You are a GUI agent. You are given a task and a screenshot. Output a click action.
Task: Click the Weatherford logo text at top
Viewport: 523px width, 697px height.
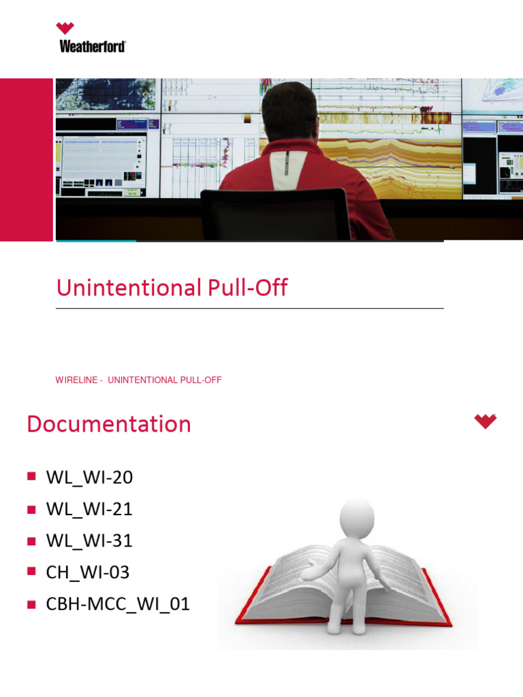[93, 46]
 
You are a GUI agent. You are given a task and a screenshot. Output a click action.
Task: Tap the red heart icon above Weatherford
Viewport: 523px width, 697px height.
[65, 29]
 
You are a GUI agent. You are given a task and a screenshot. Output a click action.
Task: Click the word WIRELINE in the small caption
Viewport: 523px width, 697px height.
[76, 380]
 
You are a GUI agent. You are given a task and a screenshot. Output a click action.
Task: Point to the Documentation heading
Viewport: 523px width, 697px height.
[109, 424]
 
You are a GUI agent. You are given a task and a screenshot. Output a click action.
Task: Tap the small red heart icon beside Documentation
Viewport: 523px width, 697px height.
[486, 421]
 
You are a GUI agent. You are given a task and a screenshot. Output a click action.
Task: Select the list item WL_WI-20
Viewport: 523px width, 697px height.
[89, 477]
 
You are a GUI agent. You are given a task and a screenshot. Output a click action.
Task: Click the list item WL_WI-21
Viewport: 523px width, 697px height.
[89, 509]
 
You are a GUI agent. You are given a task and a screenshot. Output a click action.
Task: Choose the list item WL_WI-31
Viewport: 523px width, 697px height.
[89, 540]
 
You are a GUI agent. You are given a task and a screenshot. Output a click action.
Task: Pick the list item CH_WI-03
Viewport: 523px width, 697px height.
[87, 572]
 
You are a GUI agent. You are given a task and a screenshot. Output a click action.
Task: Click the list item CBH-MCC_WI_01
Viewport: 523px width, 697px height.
[118, 604]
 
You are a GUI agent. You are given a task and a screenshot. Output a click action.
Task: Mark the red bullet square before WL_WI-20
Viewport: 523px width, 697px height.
[31, 477]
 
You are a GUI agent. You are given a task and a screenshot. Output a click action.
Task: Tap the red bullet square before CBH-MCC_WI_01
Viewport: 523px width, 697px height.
[31, 604]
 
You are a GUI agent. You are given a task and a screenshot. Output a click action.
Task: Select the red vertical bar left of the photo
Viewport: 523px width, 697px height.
[26, 159]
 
